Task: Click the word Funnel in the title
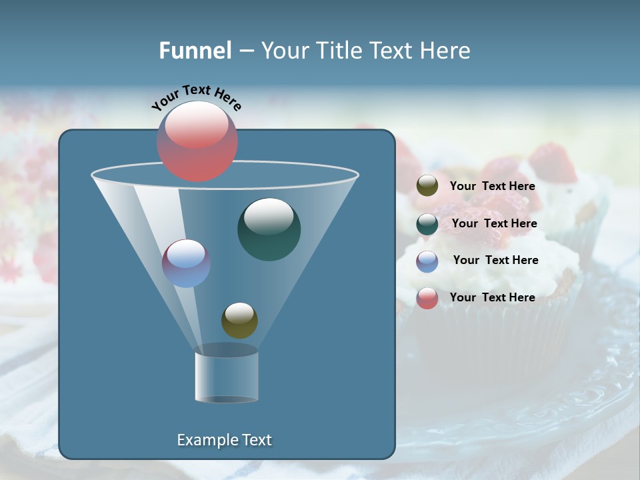195,51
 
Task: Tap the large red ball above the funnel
197,142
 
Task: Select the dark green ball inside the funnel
269,229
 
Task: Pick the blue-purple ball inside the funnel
186,263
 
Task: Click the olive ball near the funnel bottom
239,320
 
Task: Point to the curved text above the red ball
196,97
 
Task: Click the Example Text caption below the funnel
224,440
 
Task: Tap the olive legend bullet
427,186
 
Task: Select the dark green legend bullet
427,224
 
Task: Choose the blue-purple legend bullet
427,261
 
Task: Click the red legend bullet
427,298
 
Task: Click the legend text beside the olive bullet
492,186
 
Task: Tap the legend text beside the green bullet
494,223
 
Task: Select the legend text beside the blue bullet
495,260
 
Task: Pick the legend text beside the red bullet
492,297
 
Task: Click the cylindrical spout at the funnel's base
227,375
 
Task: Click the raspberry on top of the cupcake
553,164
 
